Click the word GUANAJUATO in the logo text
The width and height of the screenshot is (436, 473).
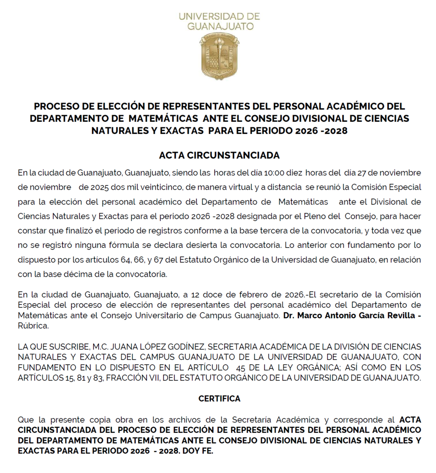[220, 27]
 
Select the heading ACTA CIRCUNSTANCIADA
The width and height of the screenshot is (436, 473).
[219, 155]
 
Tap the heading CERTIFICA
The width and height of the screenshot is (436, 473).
[219, 398]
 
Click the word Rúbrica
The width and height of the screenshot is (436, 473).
[33, 326]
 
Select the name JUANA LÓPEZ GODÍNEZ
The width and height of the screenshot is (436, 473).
[158, 347]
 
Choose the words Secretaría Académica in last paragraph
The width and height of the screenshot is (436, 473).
[276, 420]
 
